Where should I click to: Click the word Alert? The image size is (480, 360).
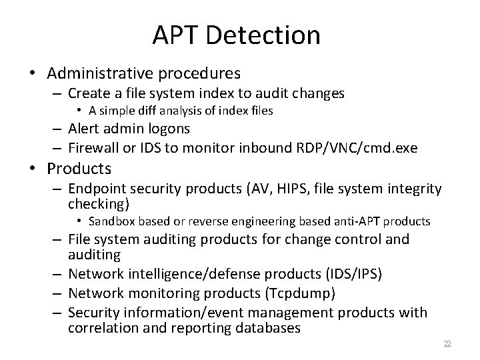pos(84,128)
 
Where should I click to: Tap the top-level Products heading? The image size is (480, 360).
pos(79,168)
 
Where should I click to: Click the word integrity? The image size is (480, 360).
pos(416,190)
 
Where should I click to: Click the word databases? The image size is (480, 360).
pos(265,329)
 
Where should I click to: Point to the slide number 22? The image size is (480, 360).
pos(447,344)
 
